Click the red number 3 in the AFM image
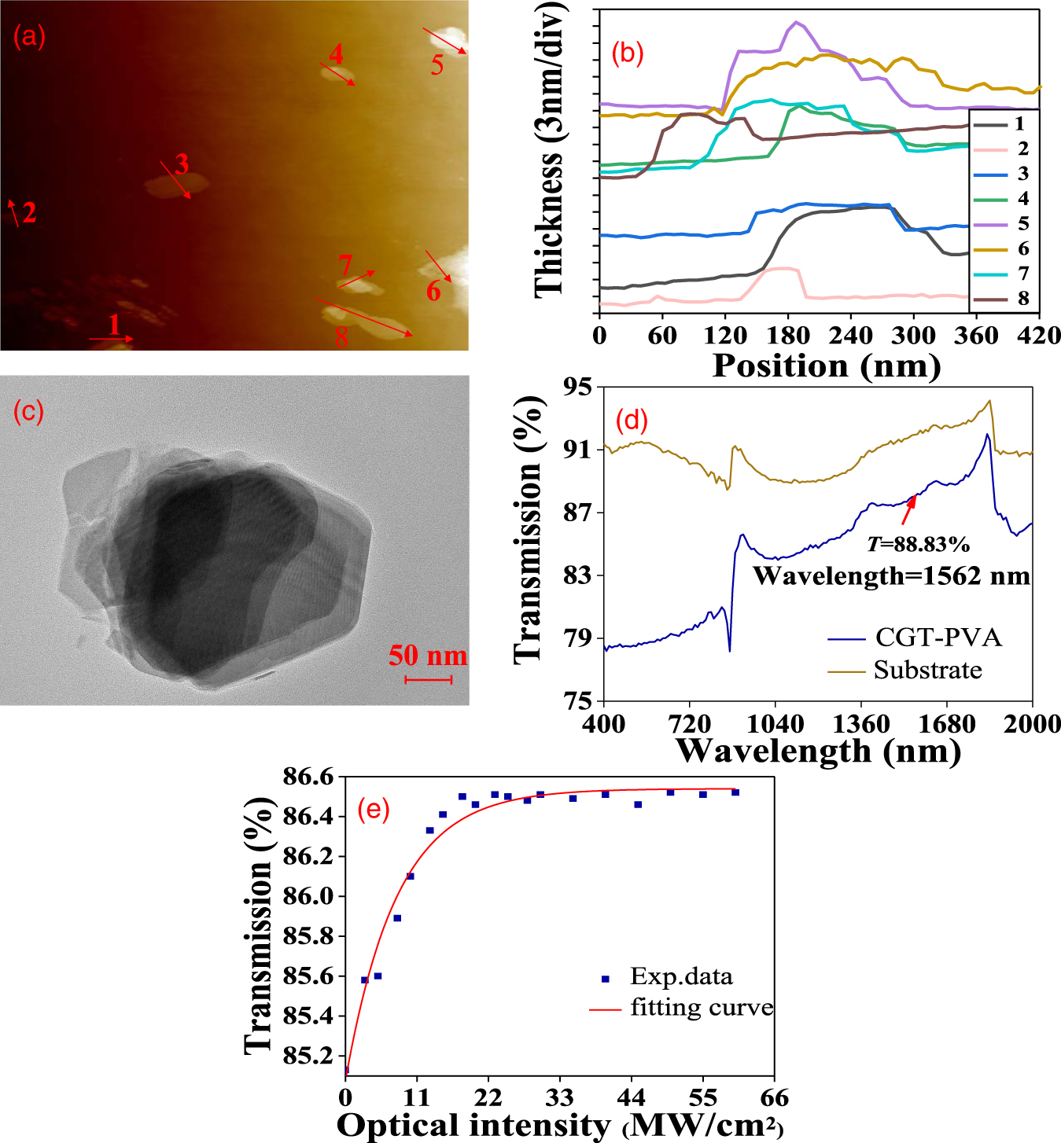(x=182, y=164)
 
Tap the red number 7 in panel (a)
(x=345, y=265)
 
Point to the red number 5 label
(x=437, y=64)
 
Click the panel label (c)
(x=28, y=411)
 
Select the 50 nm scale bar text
(x=427, y=656)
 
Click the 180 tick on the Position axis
(x=788, y=336)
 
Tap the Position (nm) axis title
(x=826, y=366)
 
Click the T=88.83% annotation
(x=918, y=544)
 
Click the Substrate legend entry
(x=927, y=671)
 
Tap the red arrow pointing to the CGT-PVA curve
(x=908, y=510)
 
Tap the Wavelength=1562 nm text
(x=891, y=576)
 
